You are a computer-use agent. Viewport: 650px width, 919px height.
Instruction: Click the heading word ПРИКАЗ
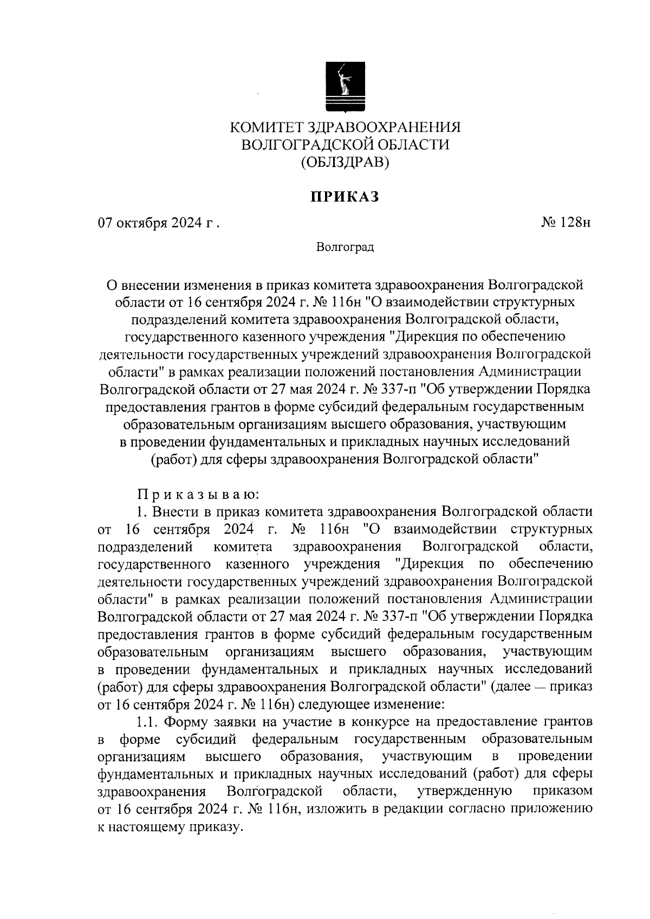coord(344,197)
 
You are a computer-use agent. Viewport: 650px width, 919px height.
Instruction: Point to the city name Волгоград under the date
coord(345,248)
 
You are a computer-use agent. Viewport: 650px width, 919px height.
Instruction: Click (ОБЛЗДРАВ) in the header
coord(345,161)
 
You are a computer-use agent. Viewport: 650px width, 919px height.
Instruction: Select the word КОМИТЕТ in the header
coord(266,127)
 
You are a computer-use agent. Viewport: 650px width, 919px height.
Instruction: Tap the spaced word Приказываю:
coord(199,494)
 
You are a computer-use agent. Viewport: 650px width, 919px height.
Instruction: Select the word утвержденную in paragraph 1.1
coord(465,792)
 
